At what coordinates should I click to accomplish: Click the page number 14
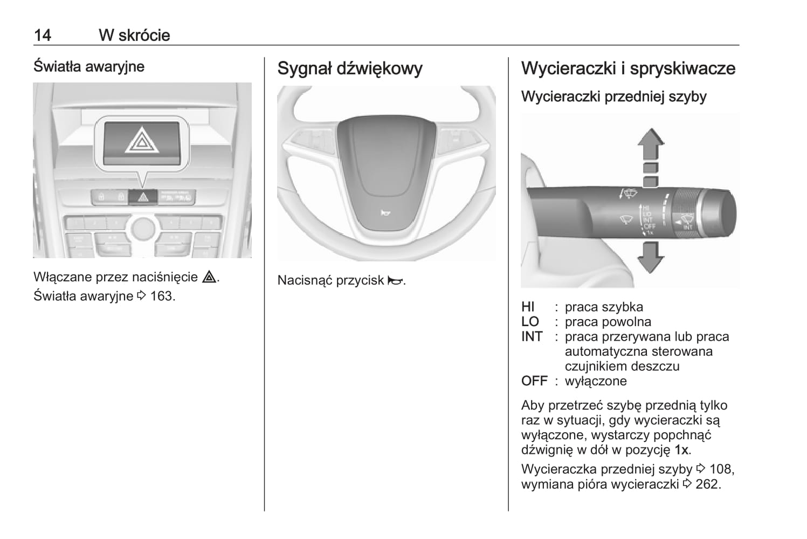pyautogui.click(x=43, y=36)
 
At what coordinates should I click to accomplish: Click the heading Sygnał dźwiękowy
pyautogui.click(x=350, y=68)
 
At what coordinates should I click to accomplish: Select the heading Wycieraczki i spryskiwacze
pyautogui.click(x=628, y=68)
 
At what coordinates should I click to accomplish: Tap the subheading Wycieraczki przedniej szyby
pyautogui.click(x=613, y=97)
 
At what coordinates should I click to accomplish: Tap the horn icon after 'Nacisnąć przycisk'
pyautogui.click(x=395, y=280)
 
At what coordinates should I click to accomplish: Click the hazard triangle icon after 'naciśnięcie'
pyautogui.click(x=209, y=277)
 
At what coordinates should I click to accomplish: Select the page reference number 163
pyautogui.click(x=162, y=296)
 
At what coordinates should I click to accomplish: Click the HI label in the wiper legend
pyautogui.click(x=528, y=307)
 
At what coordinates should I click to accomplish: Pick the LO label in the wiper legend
pyautogui.click(x=530, y=322)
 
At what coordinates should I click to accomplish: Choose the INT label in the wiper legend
pyautogui.click(x=532, y=337)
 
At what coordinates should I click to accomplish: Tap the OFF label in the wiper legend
pyautogui.click(x=534, y=381)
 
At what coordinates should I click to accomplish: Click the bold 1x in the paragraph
pyautogui.click(x=681, y=450)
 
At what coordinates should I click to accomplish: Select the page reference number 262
pyautogui.click(x=707, y=484)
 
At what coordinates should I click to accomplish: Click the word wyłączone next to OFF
pyautogui.click(x=596, y=381)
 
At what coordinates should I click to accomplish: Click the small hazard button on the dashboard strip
pyautogui.click(x=143, y=197)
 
